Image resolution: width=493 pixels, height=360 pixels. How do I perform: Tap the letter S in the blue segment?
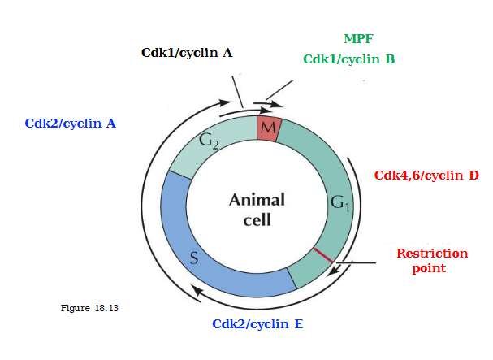click(x=194, y=259)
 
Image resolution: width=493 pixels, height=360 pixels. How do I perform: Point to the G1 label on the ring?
click(x=340, y=203)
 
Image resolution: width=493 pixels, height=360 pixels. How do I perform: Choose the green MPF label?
click(x=359, y=39)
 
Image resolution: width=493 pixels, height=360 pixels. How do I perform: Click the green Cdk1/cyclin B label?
click(x=348, y=59)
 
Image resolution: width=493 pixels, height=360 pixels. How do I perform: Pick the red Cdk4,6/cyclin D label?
click(x=426, y=175)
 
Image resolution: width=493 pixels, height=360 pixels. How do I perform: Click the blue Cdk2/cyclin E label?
click(x=257, y=323)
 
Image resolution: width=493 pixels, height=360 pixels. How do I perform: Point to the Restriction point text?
click(x=432, y=260)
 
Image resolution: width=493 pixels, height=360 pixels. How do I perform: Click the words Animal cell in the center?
click(x=257, y=210)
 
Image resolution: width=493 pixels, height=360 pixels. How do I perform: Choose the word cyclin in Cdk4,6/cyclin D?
click(x=439, y=175)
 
